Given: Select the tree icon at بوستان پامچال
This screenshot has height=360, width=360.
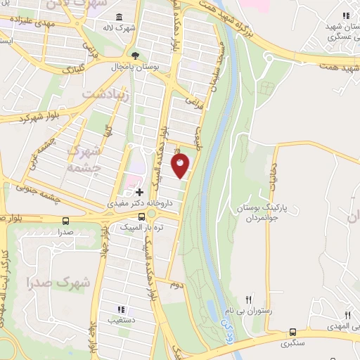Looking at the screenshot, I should [x=134, y=55].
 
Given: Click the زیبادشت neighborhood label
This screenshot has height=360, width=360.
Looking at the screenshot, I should [x=106, y=94].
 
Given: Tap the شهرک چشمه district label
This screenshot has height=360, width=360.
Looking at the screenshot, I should [x=84, y=158].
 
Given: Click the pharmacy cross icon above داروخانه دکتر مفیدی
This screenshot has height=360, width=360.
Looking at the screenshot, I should [x=139, y=192].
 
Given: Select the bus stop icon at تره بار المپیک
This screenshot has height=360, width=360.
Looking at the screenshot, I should [x=141, y=228].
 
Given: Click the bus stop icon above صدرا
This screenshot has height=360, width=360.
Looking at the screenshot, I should [x=65, y=220].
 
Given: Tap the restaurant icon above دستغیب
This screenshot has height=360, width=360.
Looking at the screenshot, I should [x=121, y=309].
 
